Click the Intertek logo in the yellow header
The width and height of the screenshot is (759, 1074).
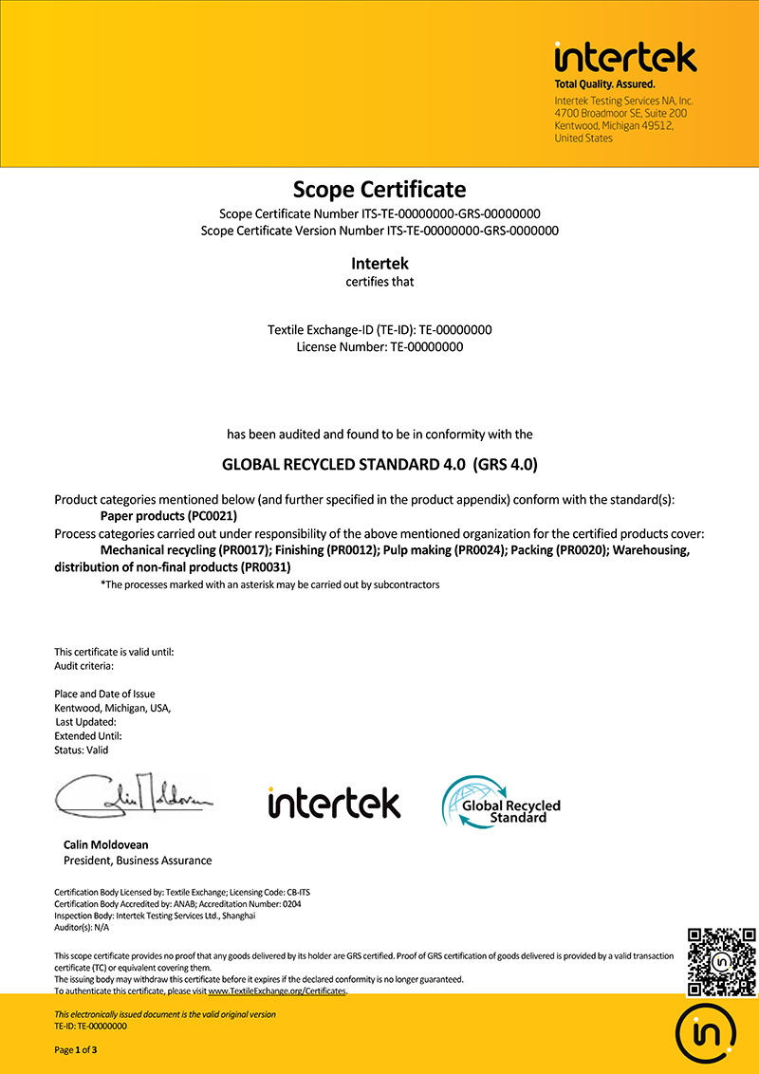(x=625, y=58)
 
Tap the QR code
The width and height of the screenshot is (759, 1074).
(x=721, y=961)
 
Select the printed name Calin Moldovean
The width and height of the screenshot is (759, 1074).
(x=105, y=844)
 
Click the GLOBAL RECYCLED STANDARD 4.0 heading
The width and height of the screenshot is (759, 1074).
(x=379, y=465)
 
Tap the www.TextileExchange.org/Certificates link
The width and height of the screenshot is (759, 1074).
(x=277, y=991)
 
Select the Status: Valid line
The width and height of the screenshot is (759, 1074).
(x=82, y=750)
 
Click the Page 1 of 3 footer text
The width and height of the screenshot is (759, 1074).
(x=76, y=1049)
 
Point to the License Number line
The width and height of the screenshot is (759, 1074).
(x=379, y=346)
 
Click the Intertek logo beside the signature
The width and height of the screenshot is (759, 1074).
(x=334, y=803)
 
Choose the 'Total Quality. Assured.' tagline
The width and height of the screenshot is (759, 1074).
(x=604, y=84)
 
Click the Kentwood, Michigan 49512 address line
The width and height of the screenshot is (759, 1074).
(x=613, y=125)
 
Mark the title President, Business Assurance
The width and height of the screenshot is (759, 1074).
(x=138, y=861)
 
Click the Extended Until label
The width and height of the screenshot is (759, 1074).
(x=88, y=735)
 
